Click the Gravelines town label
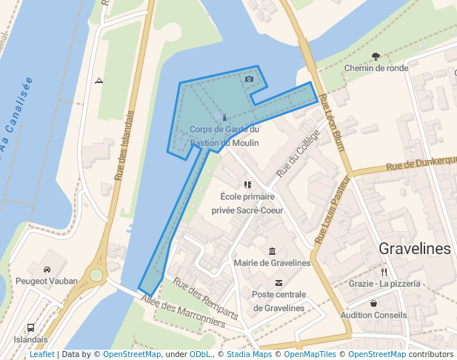pyautogui.click(x=415, y=249)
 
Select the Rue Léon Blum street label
pyautogui.click(x=333, y=127)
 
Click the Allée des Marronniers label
pyautogui.click(x=183, y=310)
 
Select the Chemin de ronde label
pyautogui.click(x=376, y=68)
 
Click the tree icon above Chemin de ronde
pyautogui.click(x=376, y=56)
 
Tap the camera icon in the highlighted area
pyautogui.click(x=249, y=79)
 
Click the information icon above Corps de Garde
pyautogui.click(x=224, y=117)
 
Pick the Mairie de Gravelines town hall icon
pyautogui.click(x=273, y=251)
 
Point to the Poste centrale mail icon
pyautogui.click(x=278, y=282)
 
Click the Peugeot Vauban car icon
pyautogui.click(x=47, y=270)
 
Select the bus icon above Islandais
pyautogui.click(x=30, y=327)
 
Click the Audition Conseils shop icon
pyautogui.click(x=373, y=303)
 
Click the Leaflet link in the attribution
pyautogui.click(x=42, y=355)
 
